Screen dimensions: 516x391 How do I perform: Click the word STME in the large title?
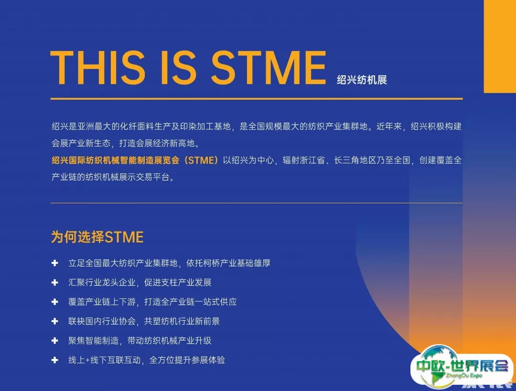[268, 68]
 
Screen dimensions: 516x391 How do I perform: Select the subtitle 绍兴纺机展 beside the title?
[362, 80]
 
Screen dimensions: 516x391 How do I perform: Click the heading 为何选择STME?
[97, 237]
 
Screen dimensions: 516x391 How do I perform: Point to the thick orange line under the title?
[257, 98]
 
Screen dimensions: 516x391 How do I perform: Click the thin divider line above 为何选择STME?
[257, 203]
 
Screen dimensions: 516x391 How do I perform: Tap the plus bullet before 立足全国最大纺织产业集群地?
[54, 263]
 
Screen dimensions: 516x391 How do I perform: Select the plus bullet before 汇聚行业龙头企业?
[54, 283]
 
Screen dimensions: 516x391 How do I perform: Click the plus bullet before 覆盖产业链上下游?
[54, 302]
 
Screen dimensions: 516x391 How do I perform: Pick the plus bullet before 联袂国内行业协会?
[54, 321]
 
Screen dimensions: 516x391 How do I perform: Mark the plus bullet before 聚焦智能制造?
[54, 341]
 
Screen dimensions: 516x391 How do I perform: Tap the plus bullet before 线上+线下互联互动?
[54, 360]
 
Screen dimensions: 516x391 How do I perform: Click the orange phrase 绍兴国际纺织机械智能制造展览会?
[116, 160]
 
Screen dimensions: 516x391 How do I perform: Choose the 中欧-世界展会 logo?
[462, 366]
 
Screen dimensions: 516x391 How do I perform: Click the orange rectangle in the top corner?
[500, 46]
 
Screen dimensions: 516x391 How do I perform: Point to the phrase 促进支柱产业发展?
[178, 283]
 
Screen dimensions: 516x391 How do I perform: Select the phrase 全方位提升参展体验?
[187, 360]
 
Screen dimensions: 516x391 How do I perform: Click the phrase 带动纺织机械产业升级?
[169, 341]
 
